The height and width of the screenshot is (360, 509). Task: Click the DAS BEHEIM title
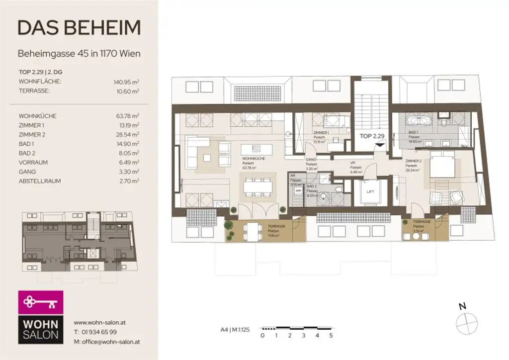pyautogui.click(x=79, y=28)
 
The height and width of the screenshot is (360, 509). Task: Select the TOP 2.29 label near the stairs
pyautogui.click(x=372, y=135)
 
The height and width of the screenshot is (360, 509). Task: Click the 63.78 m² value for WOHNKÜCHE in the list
pyautogui.click(x=127, y=116)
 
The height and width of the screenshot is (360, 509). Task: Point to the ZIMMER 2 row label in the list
pyautogui.click(x=33, y=134)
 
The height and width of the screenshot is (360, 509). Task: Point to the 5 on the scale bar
pyautogui.click(x=331, y=336)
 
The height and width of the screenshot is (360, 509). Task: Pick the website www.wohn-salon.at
pyautogui.click(x=99, y=322)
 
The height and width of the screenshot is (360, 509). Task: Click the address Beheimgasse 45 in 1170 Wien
pyautogui.click(x=79, y=53)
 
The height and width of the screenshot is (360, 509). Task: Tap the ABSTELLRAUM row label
pyautogui.click(x=40, y=181)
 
